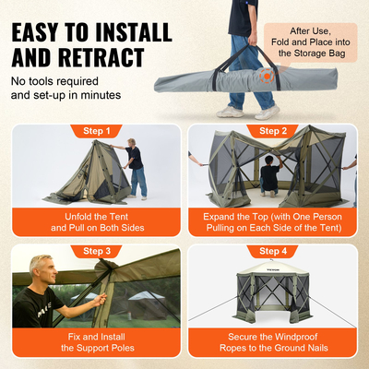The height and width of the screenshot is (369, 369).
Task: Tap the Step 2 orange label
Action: [x=273, y=131]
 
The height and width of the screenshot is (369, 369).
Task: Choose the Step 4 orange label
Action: [x=273, y=250]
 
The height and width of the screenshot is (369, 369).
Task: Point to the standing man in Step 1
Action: [x=136, y=166]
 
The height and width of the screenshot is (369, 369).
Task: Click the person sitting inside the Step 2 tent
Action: [x=269, y=175]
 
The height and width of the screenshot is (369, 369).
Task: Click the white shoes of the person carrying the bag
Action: [x=249, y=112]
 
